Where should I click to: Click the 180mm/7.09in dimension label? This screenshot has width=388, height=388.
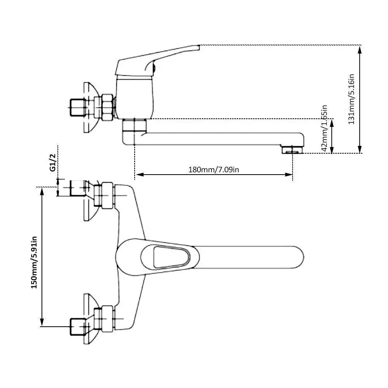click(x=213, y=170)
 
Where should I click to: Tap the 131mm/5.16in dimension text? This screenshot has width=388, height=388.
click(x=352, y=99)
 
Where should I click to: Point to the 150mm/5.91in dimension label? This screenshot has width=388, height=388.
click(x=34, y=263)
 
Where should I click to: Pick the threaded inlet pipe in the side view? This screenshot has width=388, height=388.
click(x=77, y=108)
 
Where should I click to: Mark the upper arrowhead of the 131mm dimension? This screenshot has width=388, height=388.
click(x=360, y=49)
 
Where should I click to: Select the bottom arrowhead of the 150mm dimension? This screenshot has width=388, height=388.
click(x=42, y=323)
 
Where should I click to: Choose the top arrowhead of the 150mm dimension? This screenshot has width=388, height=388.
click(x=42, y=191)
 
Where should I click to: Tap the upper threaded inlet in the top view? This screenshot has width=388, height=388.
click(x=76, y=188)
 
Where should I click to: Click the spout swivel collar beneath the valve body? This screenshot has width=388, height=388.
click(x=134, y=126)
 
